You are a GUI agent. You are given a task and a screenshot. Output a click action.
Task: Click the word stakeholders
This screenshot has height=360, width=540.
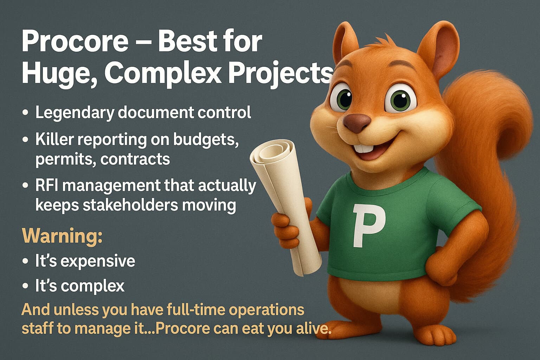pos(130,205)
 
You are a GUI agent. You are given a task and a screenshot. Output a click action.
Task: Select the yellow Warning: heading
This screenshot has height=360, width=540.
pos(62,236)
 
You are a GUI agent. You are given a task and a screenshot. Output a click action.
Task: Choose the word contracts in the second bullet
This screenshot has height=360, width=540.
pos(135,159)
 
